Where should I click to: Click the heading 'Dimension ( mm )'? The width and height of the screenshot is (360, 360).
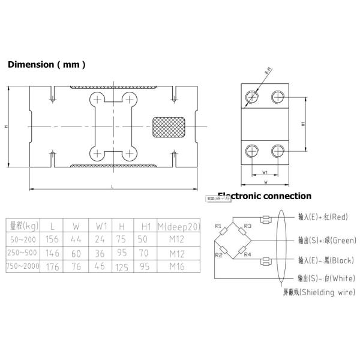(x=47, y=65)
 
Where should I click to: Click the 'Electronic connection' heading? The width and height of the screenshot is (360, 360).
(x=264, y=196)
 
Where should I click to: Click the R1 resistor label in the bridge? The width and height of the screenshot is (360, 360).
(x=218, y=226)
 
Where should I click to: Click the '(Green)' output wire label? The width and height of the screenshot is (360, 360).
(x=327, y=240)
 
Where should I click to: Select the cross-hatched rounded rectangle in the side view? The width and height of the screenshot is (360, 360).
(x=169, y=127)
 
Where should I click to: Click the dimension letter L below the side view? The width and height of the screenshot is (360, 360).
(x=112, y=187)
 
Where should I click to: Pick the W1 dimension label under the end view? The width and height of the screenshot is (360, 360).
(x=266, y=173)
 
